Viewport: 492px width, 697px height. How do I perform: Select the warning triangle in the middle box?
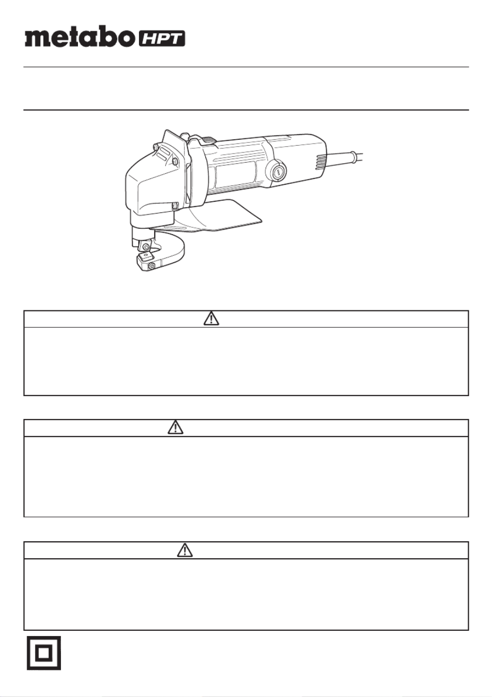[x=175, y=427]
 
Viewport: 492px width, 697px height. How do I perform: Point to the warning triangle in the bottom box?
[x=185, y=550]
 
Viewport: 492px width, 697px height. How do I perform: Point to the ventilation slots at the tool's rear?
[x=320, y=162]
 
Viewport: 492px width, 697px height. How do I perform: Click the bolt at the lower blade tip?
[x=152, y=266]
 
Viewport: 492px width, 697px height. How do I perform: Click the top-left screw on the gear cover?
[x=155, y=147]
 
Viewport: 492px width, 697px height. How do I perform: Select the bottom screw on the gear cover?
[x=175, y=205]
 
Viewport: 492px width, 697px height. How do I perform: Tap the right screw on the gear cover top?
[x=175, y=162]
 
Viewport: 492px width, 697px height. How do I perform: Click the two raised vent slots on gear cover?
[x=165, y=154]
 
